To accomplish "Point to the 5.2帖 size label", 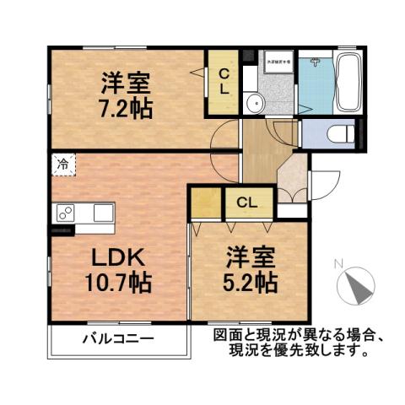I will pyautogui.click(x=251, y=280).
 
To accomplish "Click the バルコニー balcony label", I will pyautogui.click(x=118, y=341).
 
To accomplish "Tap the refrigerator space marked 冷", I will pyautogui.click(x=62, y=165).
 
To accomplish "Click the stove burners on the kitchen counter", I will pyautogui.click(x=65, y=214).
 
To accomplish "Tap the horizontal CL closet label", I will pyautogui.click(x=247, y=202).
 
